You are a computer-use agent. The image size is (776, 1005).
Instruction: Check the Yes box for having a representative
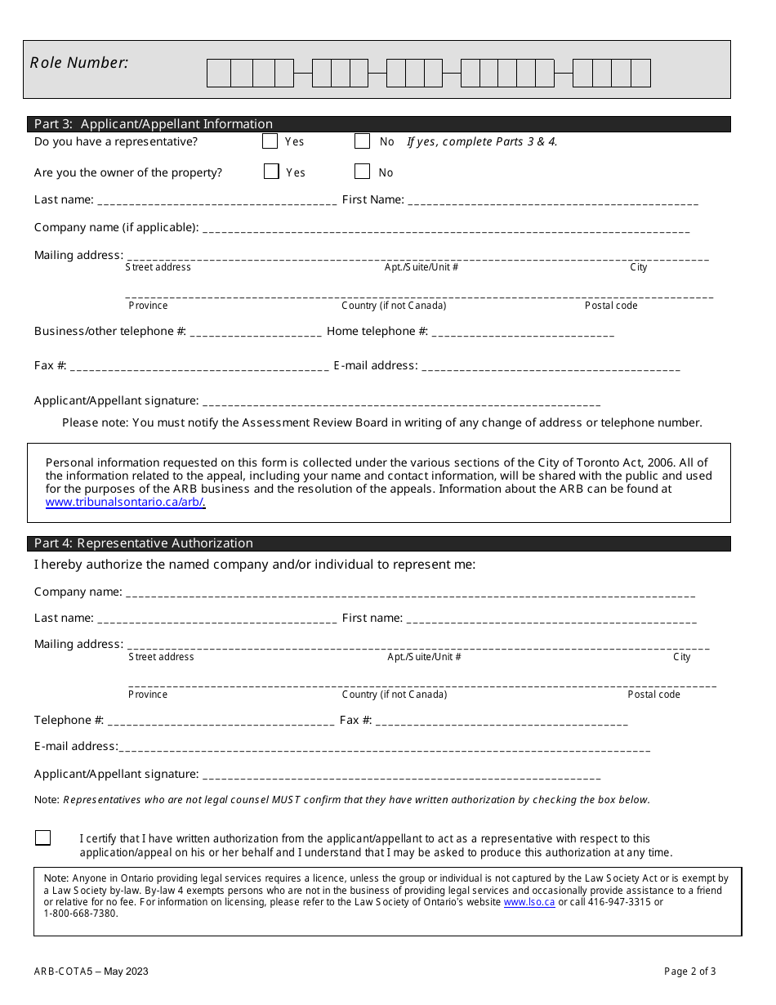click(270, 141)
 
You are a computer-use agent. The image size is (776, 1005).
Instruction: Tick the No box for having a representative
click(362, 141)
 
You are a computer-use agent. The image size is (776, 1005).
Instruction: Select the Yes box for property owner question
click(271, 172)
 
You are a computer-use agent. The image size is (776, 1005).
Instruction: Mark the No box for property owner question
click(362, 172)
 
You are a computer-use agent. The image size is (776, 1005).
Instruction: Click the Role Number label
click(79, 63)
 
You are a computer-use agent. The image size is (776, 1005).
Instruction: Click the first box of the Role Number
click(219, 74)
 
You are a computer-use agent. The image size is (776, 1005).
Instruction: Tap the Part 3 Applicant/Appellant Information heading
click(154, 124)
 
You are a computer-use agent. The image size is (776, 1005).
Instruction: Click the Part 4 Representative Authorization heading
click(144, 543)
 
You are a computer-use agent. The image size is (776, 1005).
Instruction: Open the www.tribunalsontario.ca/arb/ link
click(125, 502)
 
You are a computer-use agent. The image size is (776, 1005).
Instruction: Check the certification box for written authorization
click(43, 837)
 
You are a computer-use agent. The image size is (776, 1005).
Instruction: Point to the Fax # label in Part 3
click(51, 365)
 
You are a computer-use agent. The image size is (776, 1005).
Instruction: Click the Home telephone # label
click(377, 331)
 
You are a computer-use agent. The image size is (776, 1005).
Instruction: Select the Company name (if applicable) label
click(116, 227)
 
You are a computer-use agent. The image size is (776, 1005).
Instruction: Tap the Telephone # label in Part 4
click(69, 720)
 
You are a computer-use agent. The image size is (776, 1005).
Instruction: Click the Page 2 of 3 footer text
click(689, 971)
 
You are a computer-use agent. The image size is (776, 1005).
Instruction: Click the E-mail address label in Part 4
click(76, 746)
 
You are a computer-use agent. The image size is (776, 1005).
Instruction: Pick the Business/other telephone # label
click(110, 331)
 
